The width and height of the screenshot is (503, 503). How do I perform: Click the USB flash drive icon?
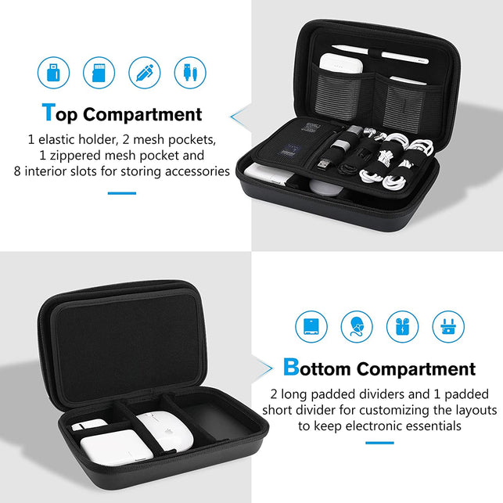[x=53, y=73]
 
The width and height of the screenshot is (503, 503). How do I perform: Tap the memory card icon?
[x=99, y=73]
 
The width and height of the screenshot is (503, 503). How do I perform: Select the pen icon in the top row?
[x=144, y=73]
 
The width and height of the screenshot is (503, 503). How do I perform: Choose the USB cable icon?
[x=189, y=73]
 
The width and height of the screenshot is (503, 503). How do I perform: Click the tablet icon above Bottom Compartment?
[x=311, y=326]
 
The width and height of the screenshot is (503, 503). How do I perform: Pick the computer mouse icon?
[x=357, y=326]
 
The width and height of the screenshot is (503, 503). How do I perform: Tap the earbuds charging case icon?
[x=402, y=326]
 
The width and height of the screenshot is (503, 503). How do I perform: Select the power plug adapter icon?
[x=447, y=326]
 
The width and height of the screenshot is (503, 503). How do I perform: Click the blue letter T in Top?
[x=49, y=113]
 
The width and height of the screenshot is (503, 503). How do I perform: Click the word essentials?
[x=429, y=426]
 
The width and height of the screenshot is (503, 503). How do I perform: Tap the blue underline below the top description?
[x=121, y=192]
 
